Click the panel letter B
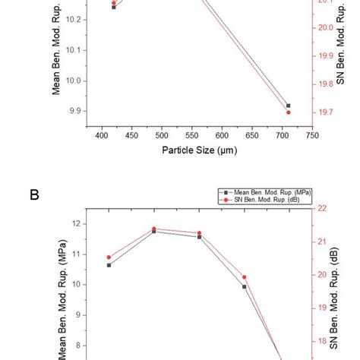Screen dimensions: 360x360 [x=34, y=194]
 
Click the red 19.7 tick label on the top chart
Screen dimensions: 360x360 [x=327, y=112]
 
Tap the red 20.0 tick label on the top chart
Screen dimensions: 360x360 [x=327, y=27]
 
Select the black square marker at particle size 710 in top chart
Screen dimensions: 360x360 [x=288, y=106]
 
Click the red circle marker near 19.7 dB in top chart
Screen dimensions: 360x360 [x=288, y=112]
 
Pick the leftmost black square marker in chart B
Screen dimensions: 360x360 [x=109, y=265]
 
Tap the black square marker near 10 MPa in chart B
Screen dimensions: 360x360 [x=244, y=286]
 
